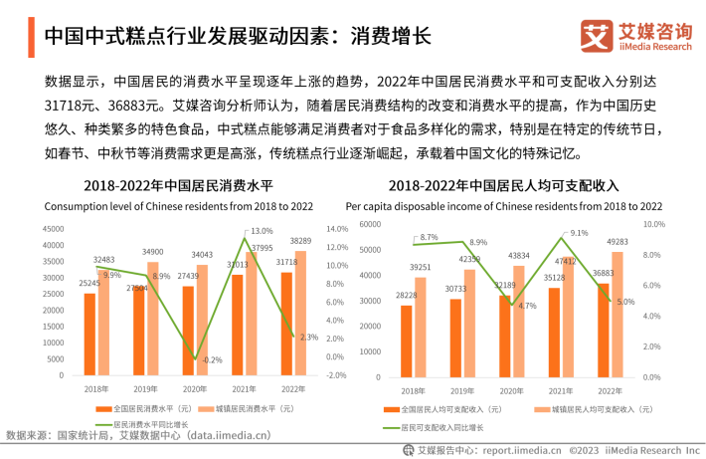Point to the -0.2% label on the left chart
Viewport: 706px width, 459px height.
point(212,359)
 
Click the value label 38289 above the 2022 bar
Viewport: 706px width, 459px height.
point(301,242)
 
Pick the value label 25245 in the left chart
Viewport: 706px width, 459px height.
point(89,284)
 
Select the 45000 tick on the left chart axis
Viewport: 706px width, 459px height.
point(51,230)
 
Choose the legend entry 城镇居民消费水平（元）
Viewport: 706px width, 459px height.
point(249,408)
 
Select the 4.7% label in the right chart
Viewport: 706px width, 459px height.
point(527,306)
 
